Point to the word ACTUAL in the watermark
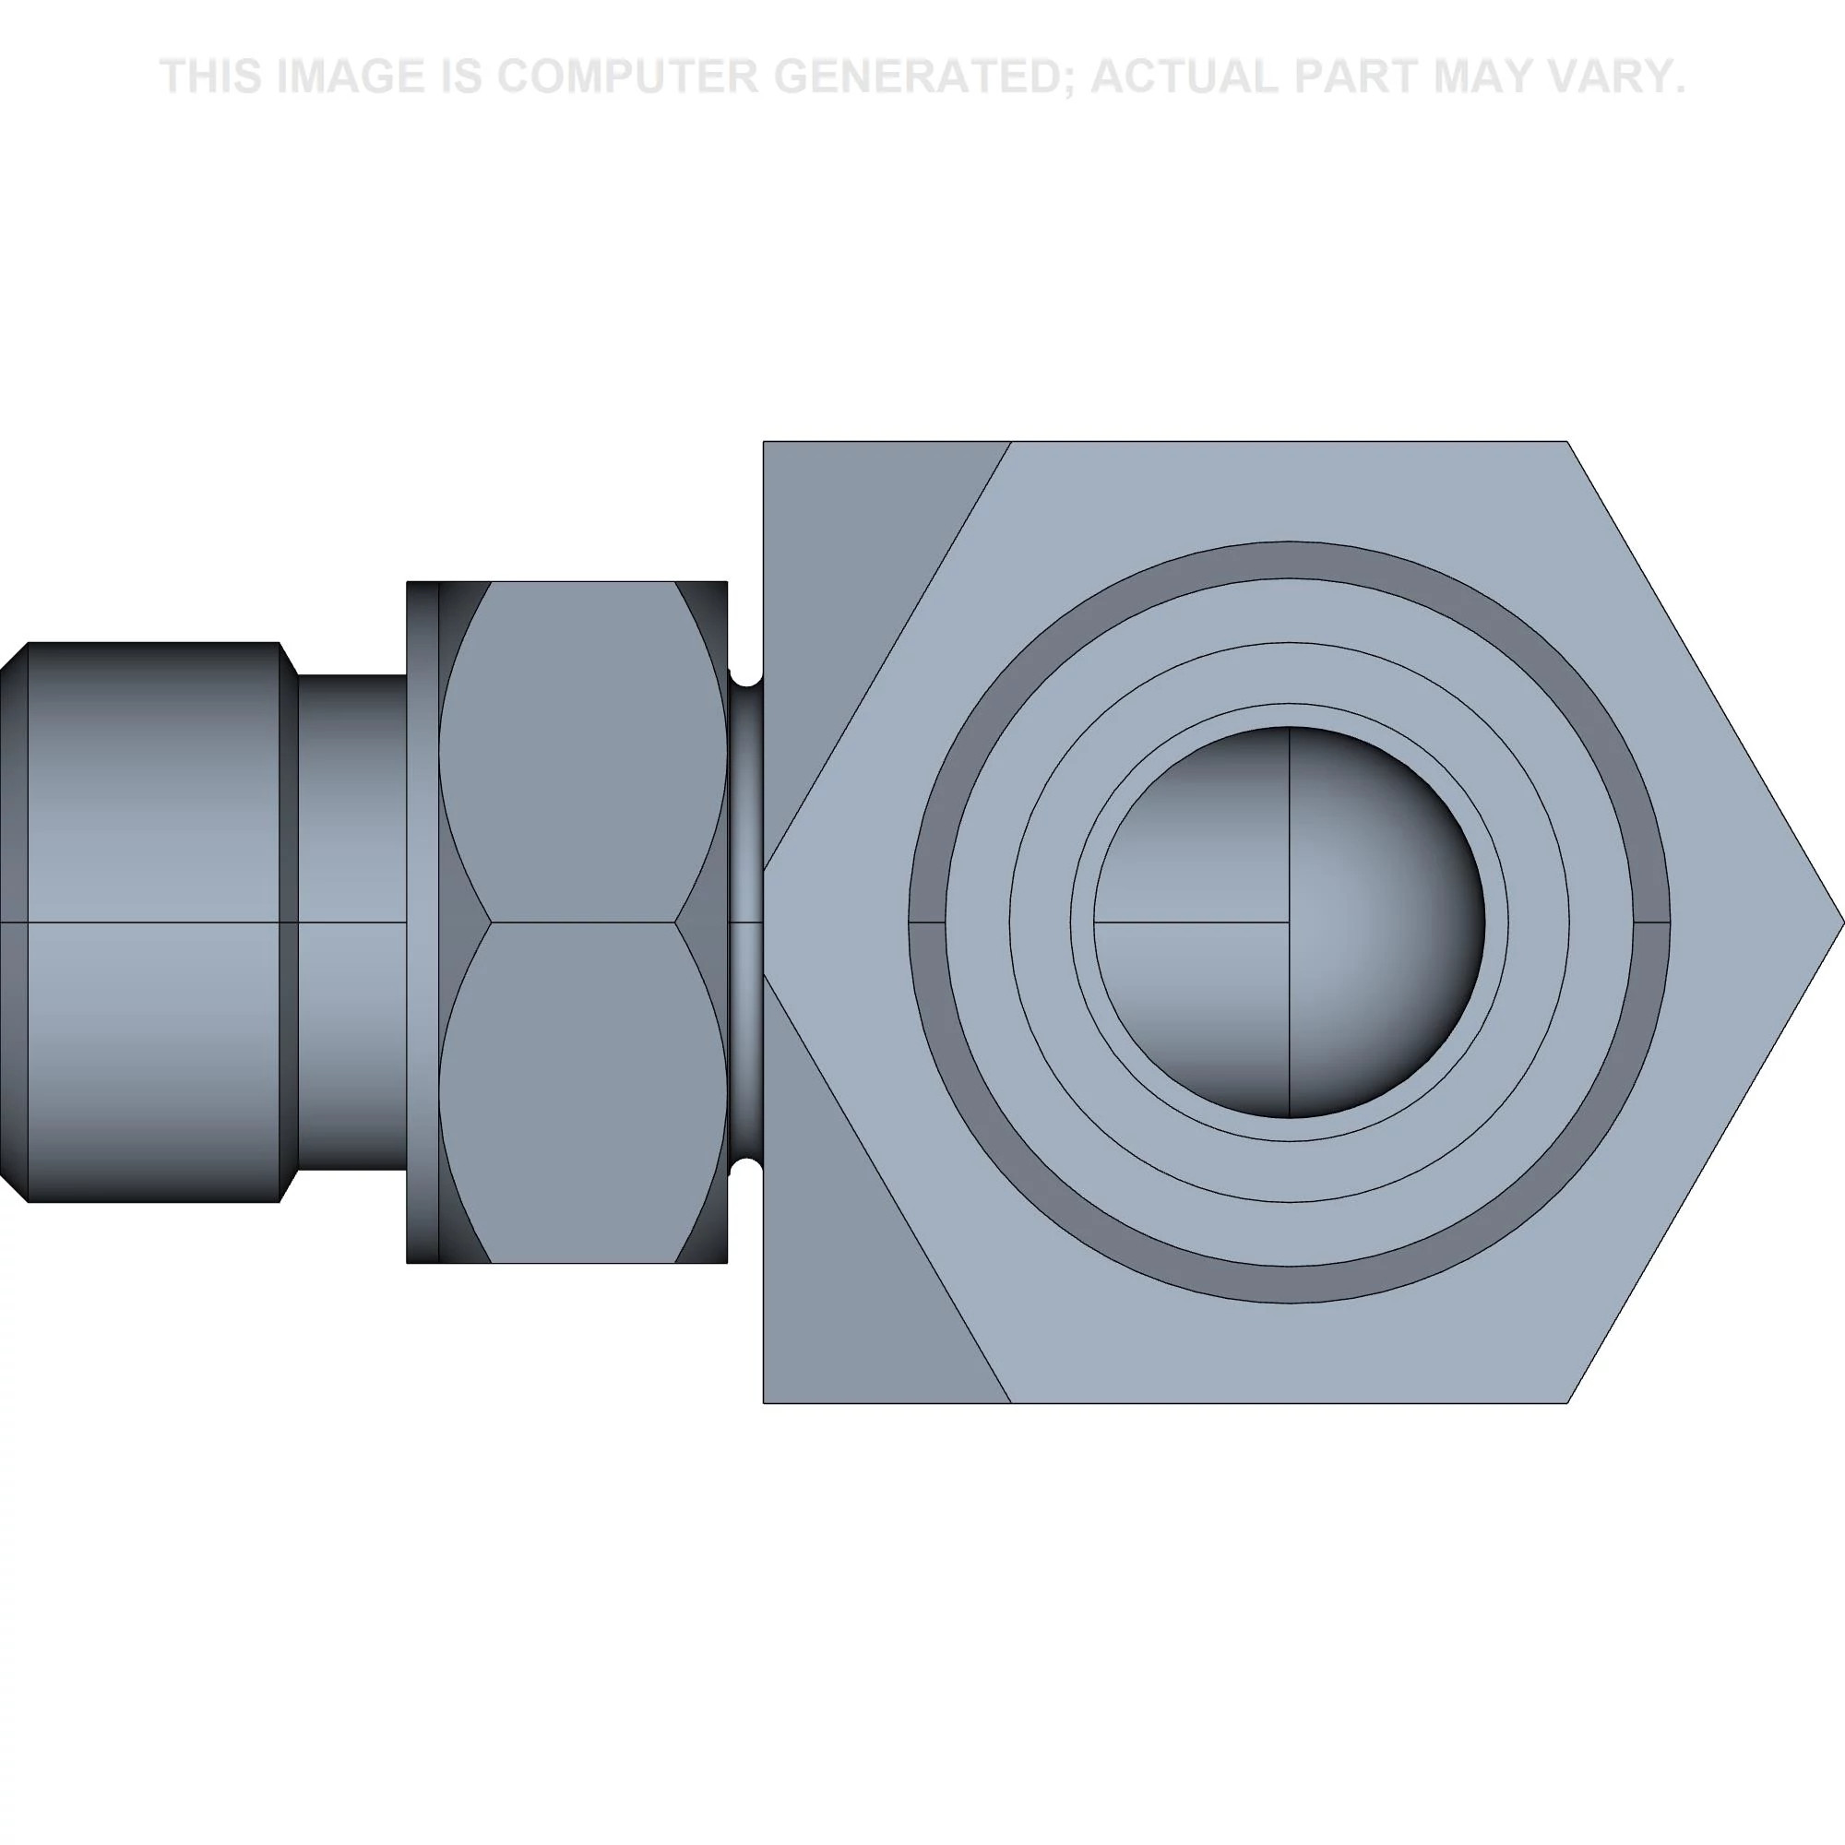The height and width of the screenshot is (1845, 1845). tap(1195, 77)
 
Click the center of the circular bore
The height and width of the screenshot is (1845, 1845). tap(1290, 922)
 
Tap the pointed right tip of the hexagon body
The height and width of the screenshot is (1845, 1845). tap(1843, 922)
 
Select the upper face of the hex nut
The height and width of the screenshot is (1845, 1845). tap(582, 752)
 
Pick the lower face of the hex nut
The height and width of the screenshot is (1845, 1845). tap(582, 1092)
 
